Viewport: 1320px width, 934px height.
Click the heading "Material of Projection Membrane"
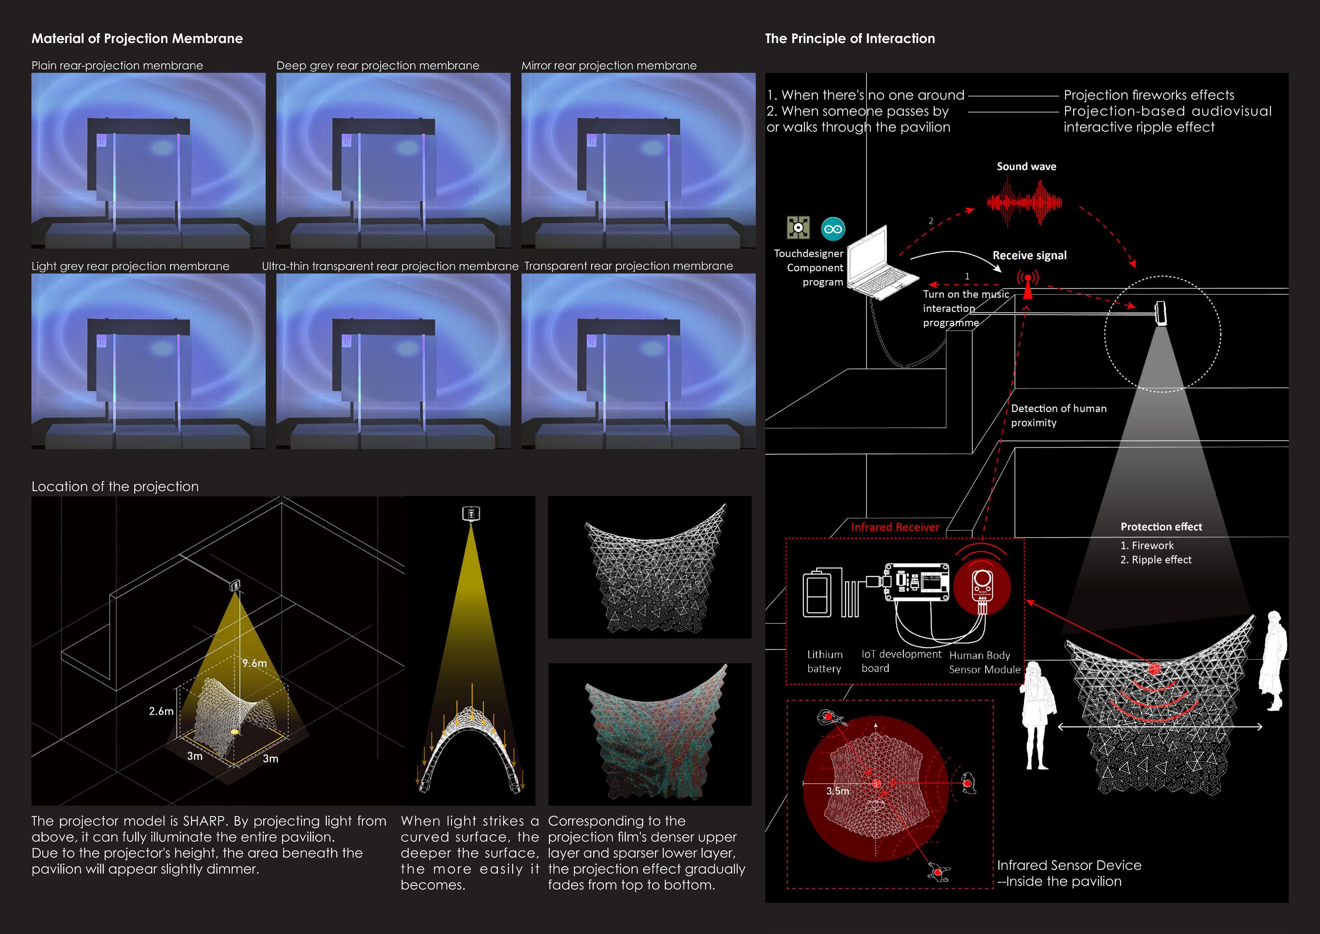[x=137, y=38]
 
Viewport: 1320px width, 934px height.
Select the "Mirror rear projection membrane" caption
[x=609, y=66]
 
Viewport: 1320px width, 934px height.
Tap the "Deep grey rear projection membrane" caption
[x=378, y=66]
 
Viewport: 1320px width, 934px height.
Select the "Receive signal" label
[x=1029, y=255]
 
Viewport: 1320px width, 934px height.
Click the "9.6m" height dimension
[x=254, y=663]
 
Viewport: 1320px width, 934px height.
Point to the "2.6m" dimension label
[x=161, y=712]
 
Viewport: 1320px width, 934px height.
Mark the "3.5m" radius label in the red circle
[x=838, y=791]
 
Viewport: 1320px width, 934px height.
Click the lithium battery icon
[x=817, y=594]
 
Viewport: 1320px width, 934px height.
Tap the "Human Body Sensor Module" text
[x=984, y=662]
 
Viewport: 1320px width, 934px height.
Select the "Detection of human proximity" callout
[x=1058, y=415]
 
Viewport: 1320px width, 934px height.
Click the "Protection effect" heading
[x=1161, y=527]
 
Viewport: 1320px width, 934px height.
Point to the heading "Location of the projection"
[x=115, y=486]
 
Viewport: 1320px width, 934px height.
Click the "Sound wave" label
[x=1026, y=167]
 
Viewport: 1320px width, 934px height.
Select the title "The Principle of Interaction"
[x=850, y=38]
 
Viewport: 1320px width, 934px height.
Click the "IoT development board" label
[x=900, y=661]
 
